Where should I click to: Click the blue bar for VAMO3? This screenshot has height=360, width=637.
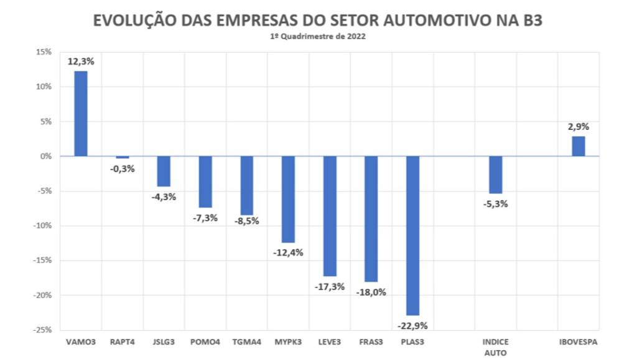click(x=81, y=113)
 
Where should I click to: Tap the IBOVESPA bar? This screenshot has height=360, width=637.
click(x=579, y=146)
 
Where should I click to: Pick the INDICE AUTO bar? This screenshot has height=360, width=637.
click(x=495, y=175)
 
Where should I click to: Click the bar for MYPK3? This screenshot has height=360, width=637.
click(x=288, y=199)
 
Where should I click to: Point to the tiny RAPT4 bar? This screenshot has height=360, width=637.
click(x=123, y=157)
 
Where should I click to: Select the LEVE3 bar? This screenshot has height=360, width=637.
click(x=330, y=216)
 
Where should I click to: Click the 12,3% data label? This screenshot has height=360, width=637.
click(x=81, y=62)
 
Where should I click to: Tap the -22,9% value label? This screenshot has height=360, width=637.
click(x=412, y=325)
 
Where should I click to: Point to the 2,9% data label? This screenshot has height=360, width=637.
click(x=579, y=127)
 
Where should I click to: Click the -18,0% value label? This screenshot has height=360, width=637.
click(x=371, y=292)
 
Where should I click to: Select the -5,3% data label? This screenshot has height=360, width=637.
click(x=495, y=203)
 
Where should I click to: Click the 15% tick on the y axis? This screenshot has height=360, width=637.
click(x=43, y=52)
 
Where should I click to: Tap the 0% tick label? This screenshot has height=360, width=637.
click(x=45, y=156)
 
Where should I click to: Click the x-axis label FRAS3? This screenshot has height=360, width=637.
click(x=371, y=341)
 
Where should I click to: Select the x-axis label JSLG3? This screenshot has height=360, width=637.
click(x=164, y=341)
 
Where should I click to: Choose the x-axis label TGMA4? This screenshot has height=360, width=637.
click(x=246, y=341)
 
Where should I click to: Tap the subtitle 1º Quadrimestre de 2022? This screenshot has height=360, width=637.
click(x=318, y=37)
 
